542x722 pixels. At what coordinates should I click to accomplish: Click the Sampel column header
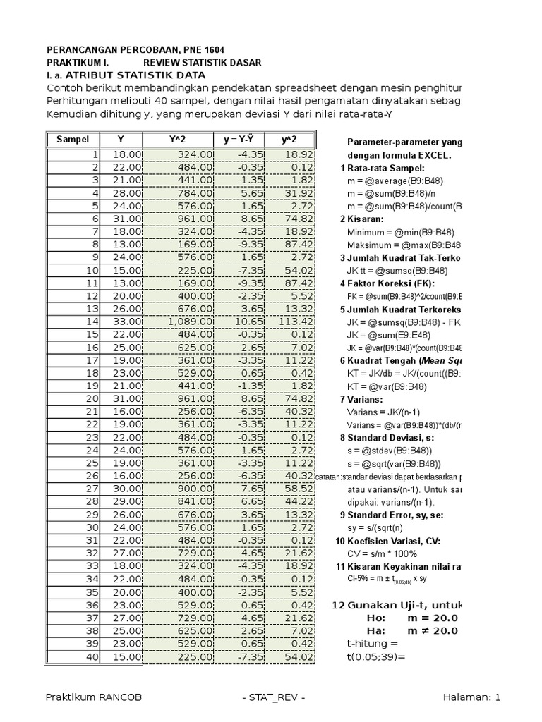[x=73, y=140]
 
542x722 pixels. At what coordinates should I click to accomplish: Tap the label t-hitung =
[x=373, y=643]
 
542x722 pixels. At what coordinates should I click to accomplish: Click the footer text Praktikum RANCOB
[x=93, y=697]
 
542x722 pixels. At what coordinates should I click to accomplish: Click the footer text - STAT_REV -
[x=273, y=697]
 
